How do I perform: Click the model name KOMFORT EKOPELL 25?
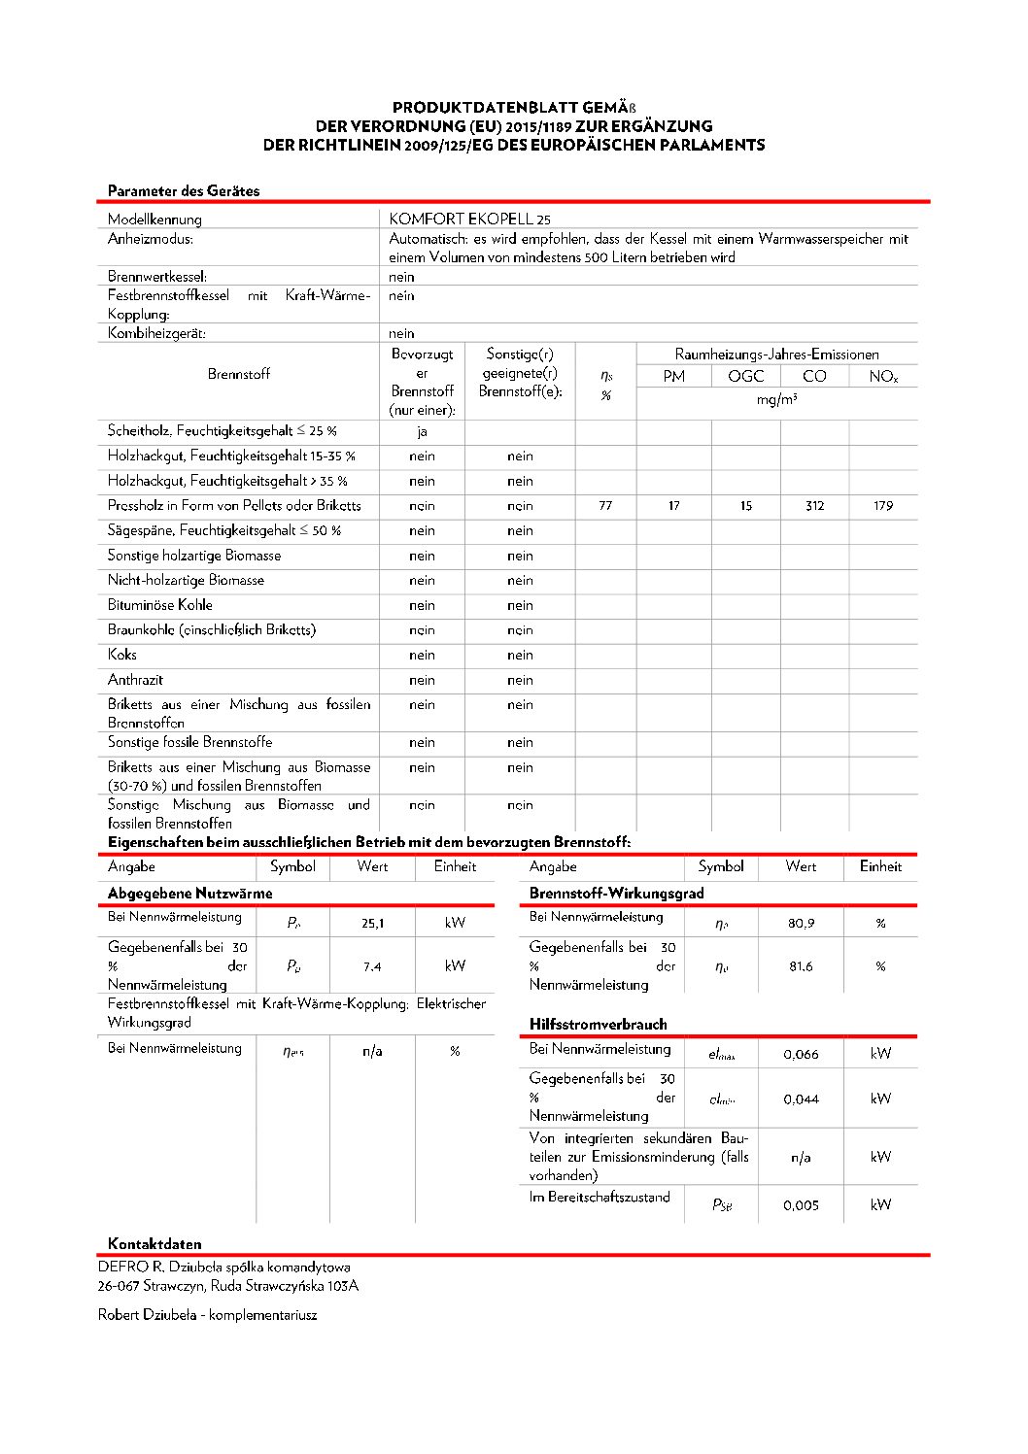tap(469, 220)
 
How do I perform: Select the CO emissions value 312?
tap(814, 506)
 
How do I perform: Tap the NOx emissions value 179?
tap(882, 506)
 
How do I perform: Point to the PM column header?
tap(673, 377)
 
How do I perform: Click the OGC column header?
tap(745, 377)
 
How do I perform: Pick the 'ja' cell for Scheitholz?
tap(422, 431)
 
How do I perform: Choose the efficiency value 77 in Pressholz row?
tap(605, 506)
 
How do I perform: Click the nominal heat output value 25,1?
tap(372, 924)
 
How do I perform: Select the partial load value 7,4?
tap(372, 966)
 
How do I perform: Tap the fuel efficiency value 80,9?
tap(801, 924)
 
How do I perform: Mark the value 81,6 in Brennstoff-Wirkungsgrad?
tap(801, 966)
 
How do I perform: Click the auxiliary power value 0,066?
tap(801, 1055)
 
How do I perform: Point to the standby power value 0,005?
tap(801, 1205)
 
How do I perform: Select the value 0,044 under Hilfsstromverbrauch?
tap(801, 1099)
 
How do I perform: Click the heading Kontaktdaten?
tap(154, 1244)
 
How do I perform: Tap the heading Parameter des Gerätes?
tap(184, 191)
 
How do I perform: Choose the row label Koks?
tap(122, 655)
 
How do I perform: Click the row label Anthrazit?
tap(135, 680)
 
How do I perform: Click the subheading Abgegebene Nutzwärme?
tap(189, 894)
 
